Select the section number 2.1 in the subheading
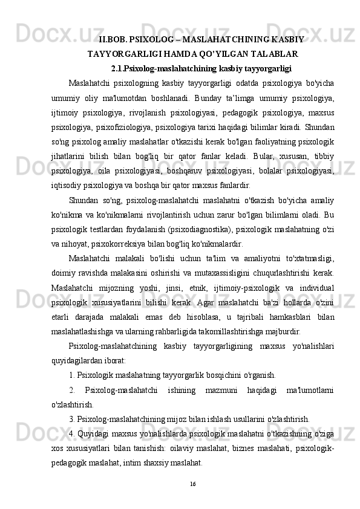pos(118,67)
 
